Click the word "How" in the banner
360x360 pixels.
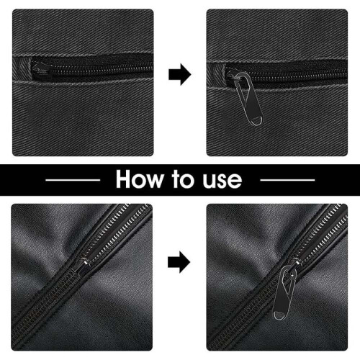pos(139,179)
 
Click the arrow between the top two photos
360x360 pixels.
pos(180,74)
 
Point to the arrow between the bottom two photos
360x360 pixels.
pos(179,262)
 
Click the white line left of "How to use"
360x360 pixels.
pos(73,180)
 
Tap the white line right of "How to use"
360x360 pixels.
pos(287,180)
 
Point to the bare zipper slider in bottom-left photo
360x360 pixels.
pos(84,263)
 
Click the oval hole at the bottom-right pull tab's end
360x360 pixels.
pos(279,315)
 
